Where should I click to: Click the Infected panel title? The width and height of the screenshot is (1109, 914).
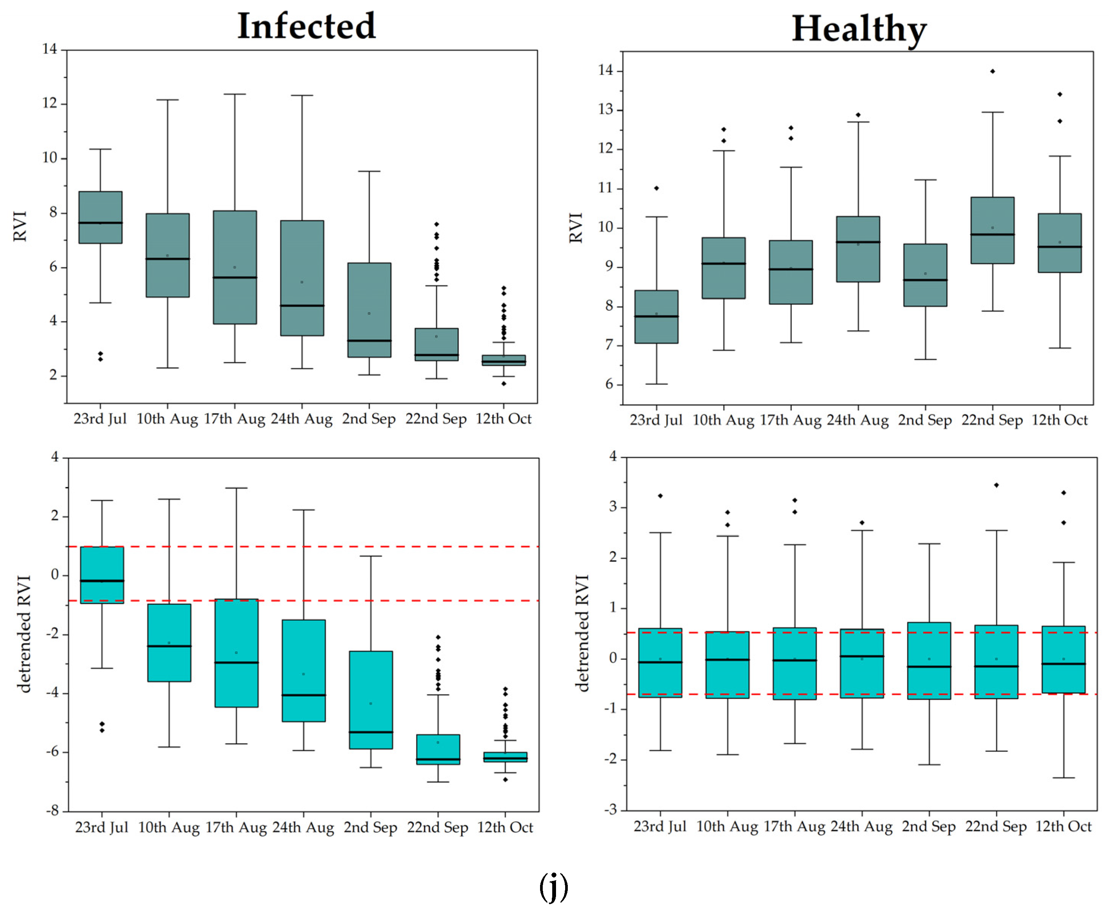[x=306, y=26]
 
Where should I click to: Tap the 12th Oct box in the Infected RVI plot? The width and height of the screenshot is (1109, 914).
[x=504, y=360]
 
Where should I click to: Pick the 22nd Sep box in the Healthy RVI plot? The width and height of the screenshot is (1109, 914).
[x=992, y=230]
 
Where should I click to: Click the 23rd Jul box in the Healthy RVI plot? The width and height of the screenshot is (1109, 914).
[x=656, y=316]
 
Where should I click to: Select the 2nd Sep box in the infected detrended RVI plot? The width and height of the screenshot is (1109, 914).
[x=371, y=700]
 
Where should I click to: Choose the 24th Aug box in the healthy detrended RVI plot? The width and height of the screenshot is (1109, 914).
[x=862, y=663]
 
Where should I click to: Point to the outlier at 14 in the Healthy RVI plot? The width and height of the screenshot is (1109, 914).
[x=992, y=71]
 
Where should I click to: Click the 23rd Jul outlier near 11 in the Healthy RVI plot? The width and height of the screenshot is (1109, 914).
[x=656, y=188]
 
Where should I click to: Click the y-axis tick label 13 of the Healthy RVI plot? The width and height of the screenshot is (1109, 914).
[x=605, y=109]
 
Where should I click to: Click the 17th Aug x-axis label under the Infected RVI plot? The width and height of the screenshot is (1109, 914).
[x=234, y=419]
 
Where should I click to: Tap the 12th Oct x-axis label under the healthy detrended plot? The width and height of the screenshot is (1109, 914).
[x=1063, y=826]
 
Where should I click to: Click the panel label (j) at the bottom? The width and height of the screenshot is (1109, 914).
[x=554, y=887]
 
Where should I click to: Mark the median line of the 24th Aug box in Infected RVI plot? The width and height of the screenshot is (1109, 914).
[x=302, y=305]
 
